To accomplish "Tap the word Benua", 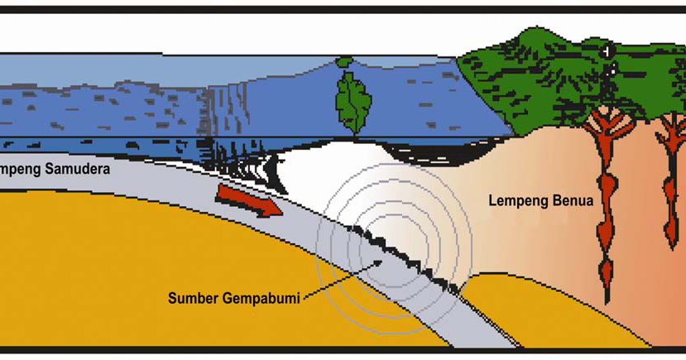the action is (x=573, y=201).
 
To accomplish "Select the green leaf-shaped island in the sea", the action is (x=353, y=100).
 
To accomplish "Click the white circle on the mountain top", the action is (x=609, y=51).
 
